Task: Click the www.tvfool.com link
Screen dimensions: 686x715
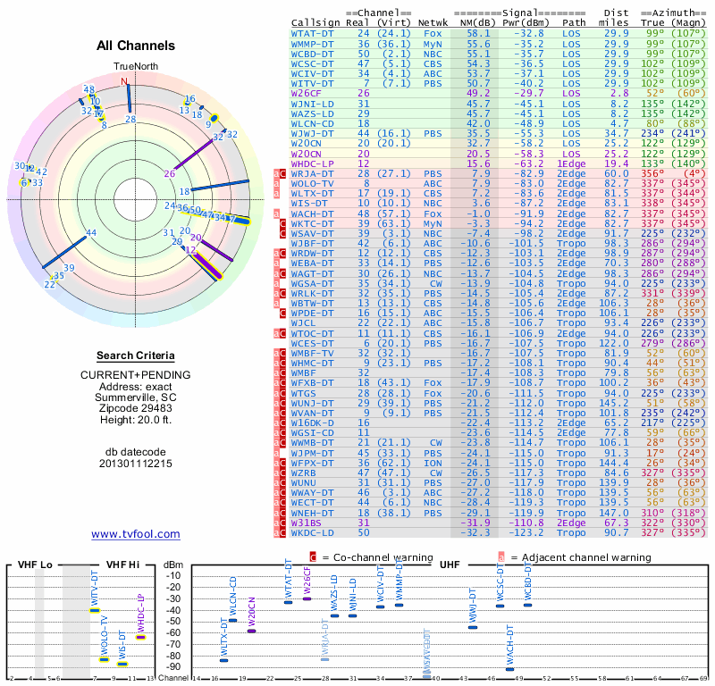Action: (135, 534)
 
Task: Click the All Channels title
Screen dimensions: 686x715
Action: (135, 46)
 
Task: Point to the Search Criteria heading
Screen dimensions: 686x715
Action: (135, 356)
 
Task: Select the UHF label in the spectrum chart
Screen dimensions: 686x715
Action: (449, 564)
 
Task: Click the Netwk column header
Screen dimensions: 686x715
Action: (432, 21)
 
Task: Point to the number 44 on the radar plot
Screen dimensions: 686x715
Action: (91, 233)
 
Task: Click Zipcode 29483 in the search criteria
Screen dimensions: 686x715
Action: (135, 408)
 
